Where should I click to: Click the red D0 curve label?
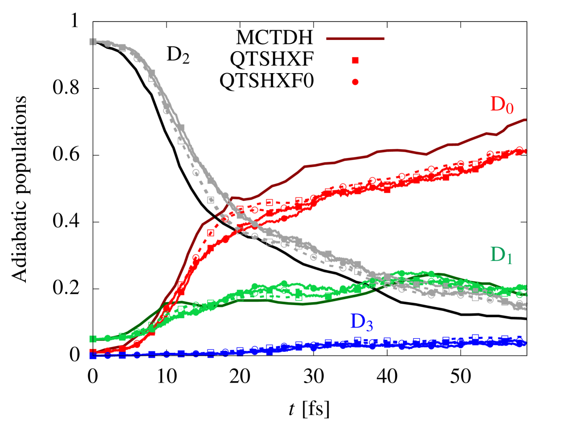click(x=501, y=105)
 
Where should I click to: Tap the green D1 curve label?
click(x=501, y=255)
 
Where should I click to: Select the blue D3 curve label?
click(x=361, y=322)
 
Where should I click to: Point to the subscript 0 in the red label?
click(x=509, y=109)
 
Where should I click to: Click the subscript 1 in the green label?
click(x=509, y=260)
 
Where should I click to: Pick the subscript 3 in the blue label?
click(x=369, y=326)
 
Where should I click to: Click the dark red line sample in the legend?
click(x=355, y=39)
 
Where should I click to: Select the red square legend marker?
click(x=355, y=60)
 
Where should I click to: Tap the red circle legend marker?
click(x=355, y=82)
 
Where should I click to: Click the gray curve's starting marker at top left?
click(x=92, y=41)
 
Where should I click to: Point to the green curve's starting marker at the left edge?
click(x=92, y=339)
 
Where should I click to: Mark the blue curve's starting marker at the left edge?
click(x=92, y=356)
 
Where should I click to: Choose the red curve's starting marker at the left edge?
click(x=92, y=351)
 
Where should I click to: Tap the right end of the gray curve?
click(x=526, y=308)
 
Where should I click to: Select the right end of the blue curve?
click(x=526, y=343)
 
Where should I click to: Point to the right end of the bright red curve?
click(x=526, y=151)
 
